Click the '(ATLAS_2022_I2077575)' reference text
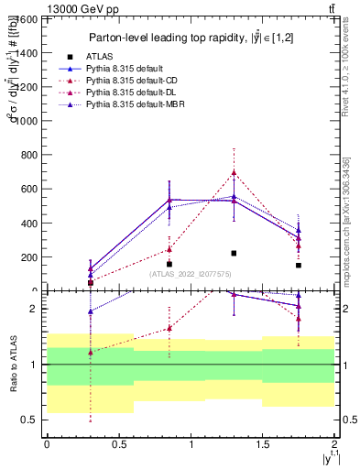click(189, 273)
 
